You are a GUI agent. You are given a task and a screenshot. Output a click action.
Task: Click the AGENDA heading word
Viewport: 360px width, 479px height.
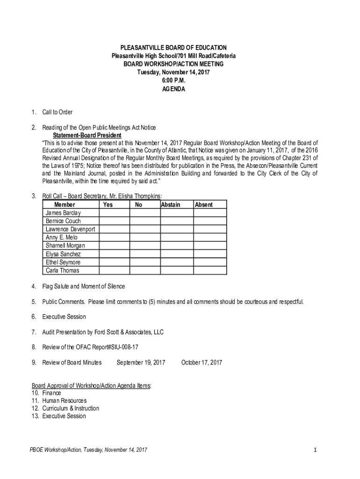point(173,89)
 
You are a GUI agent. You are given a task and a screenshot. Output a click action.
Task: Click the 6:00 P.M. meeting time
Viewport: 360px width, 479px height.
point(173,80)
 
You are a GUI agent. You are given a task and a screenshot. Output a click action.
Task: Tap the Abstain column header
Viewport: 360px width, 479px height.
point(171,205)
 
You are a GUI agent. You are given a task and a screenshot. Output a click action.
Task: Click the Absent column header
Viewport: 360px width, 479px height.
point(204,205)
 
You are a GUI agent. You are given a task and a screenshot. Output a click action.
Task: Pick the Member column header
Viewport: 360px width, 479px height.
point(65,205)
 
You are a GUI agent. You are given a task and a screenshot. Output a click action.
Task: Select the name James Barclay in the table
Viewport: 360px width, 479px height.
point(63,213)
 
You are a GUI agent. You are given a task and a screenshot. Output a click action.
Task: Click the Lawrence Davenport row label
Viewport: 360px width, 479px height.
point(70,229)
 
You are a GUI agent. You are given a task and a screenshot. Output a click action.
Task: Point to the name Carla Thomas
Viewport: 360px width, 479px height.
point(63,270)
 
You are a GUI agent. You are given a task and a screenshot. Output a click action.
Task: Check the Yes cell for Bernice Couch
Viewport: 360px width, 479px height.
point(115,221)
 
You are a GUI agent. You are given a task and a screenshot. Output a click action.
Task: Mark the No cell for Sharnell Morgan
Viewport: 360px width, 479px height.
point(145,246)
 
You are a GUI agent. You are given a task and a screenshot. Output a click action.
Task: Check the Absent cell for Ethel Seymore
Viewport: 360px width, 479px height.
point(210,262)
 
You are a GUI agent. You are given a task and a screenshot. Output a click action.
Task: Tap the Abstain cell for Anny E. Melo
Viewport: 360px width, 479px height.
point(177,238)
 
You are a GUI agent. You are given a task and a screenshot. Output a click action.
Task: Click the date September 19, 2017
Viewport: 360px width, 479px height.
point(141,363)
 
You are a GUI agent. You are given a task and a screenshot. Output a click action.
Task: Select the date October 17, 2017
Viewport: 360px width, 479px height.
point(202,363)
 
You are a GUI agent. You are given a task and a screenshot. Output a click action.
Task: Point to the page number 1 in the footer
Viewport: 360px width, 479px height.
point(316,450)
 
